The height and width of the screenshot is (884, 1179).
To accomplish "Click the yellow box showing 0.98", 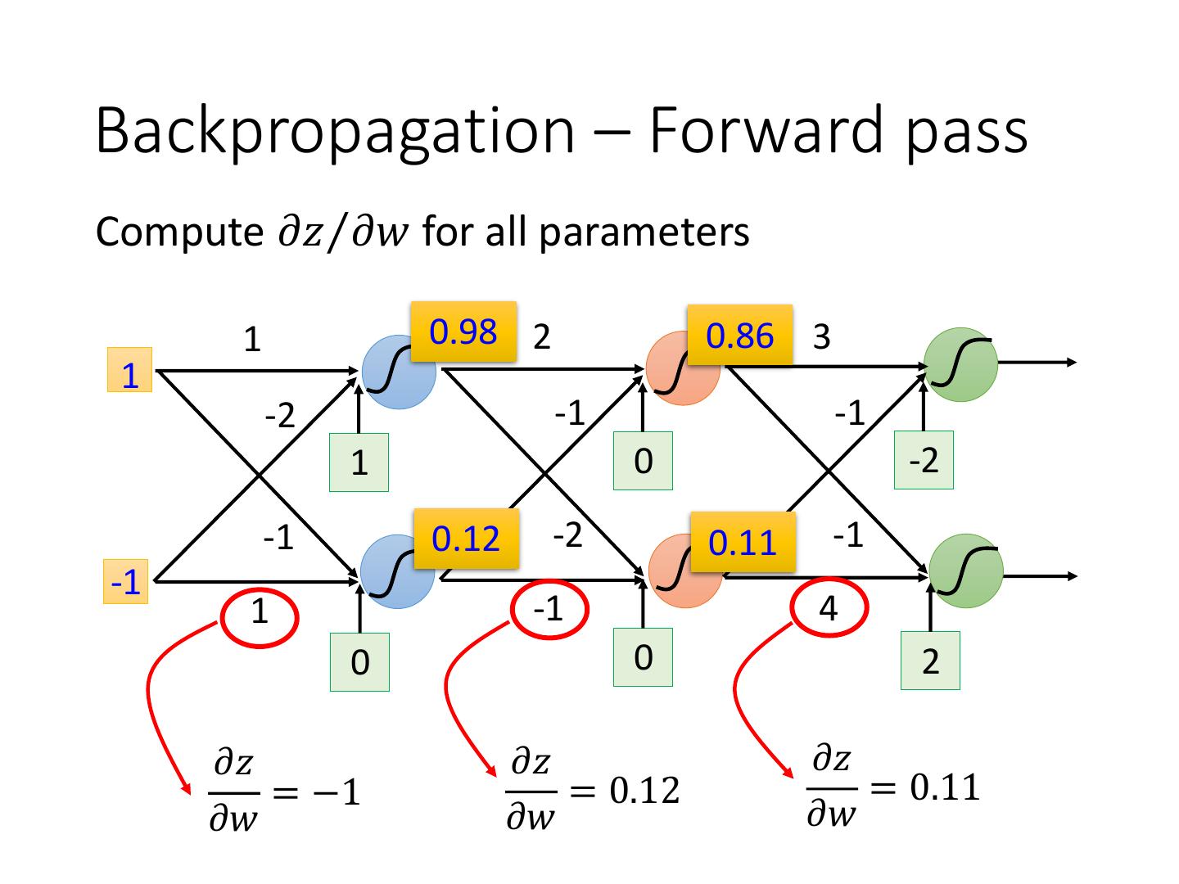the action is coord(463,331).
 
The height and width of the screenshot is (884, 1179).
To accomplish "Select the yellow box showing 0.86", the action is coord(739,335).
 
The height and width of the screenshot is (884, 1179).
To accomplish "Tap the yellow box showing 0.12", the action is coord(466,539).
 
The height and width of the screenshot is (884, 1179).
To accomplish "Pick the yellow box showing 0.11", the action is coord(743,542).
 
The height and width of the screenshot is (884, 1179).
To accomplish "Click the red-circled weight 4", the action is coord(829,608).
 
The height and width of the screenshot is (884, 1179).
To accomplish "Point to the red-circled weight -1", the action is coord(549,609).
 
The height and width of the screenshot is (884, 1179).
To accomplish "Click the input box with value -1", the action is coord(126,581).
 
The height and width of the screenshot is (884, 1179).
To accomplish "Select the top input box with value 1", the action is coord(129,370).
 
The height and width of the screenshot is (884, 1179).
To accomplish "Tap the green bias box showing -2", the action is coord(924,460).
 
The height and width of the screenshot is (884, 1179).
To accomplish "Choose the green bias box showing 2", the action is coord(930,661).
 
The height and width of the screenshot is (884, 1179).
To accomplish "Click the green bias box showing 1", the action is coord(359,462).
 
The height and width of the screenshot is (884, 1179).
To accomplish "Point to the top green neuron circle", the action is coord(961,364).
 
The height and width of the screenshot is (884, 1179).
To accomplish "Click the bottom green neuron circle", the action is coord(966,571).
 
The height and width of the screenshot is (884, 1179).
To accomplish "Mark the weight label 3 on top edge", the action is coord(822,336).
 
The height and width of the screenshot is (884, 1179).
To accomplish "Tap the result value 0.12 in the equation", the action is coord(644,790).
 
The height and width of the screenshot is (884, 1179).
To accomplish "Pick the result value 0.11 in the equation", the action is coord(945,787).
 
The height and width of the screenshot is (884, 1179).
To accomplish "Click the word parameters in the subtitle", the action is coord(644,233).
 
